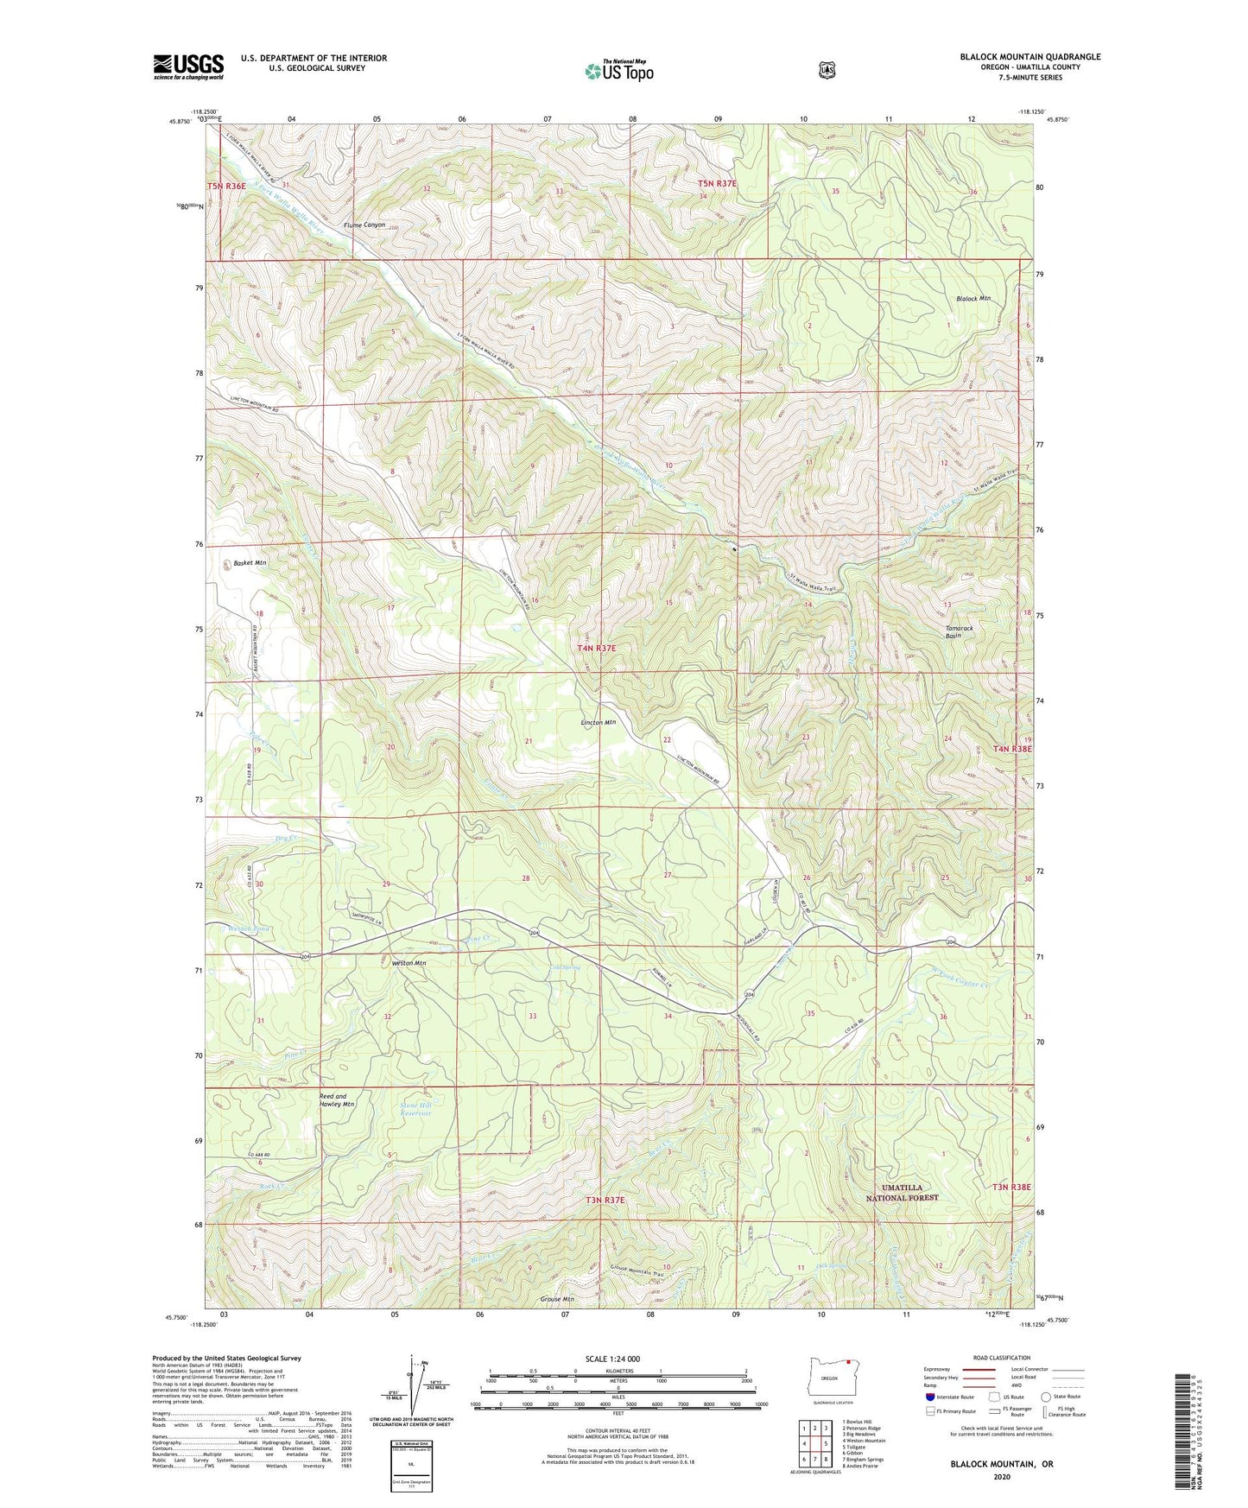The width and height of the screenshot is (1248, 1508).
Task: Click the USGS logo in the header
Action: pos(188,67)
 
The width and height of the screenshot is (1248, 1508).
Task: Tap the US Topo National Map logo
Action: pos(618,71)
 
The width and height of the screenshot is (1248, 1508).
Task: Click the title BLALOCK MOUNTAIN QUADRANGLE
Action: pos(1029,57)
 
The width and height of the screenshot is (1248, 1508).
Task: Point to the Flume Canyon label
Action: pos(364,225)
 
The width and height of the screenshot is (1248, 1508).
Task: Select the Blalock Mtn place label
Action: pos(972,299)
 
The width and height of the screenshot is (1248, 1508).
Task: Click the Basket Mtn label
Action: pos(250,563)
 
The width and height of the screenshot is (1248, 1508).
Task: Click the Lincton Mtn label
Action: pos(598,722)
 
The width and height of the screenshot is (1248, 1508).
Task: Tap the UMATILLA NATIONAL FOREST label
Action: pos(902,1193)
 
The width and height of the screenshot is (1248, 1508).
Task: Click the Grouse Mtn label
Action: pos(556,1298)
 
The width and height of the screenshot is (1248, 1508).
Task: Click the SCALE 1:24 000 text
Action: pos(612,1359)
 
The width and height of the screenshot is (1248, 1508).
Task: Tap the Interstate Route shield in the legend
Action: pos(930,1396)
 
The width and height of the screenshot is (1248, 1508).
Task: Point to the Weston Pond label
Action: pos(250,928)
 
